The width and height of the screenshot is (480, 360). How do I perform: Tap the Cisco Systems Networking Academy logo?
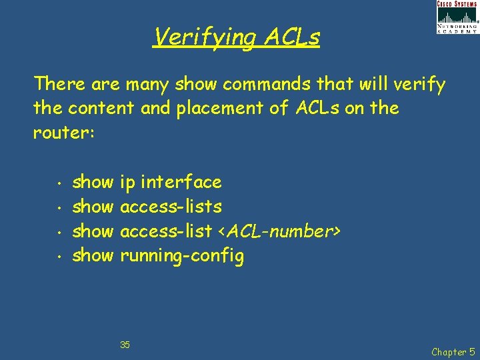click(x=457, y=17)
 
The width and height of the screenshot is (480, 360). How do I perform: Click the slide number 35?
click(x=125, y=345)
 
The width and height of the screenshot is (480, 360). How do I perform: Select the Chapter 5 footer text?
click(x=454, y=351)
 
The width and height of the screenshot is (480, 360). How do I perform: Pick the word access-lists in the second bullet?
click(x=171, y=207)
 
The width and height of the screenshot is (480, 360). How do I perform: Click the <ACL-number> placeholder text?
click(x=279, y=231)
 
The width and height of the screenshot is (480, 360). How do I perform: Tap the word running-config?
click(x=182, y=256)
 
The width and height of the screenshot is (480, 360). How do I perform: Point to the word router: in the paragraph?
click(x=65, y=133)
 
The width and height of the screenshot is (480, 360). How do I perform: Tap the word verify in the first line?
click(x=419, y=85)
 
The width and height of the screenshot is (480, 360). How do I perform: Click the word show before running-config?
click(x=93, y=256)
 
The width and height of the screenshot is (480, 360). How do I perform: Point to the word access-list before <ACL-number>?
click(x=167, y=231)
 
